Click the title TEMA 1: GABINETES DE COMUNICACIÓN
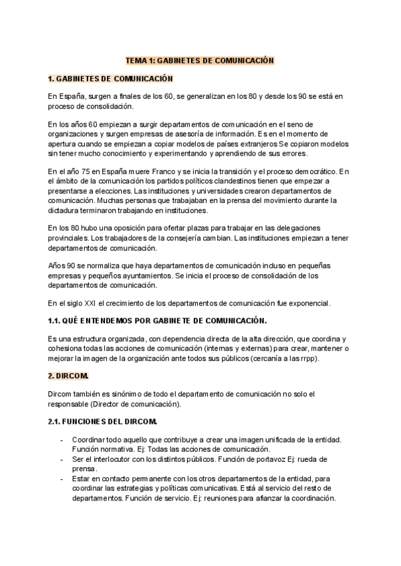(200, 60)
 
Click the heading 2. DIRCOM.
(68, 376)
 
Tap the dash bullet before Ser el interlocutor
(61, 460)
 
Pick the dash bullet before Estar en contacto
(61, 479)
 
